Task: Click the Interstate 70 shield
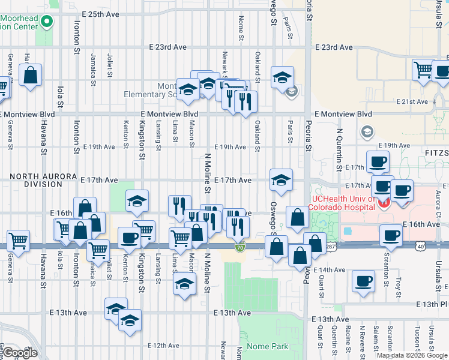[240, 247]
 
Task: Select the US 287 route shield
[331, 246]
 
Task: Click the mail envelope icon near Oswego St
[292, 92]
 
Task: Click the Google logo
[20, 353]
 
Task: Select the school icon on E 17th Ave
[281, 179]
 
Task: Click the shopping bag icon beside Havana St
[30, 75]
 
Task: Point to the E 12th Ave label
[164, 346]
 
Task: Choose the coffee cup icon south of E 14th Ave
[363, 280]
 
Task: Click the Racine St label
[348, 340]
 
